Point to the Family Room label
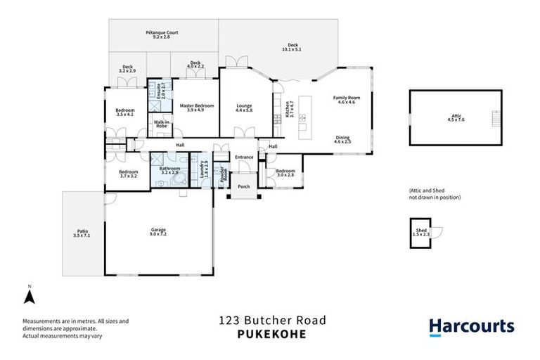(346, 100)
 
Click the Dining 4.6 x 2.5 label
(342, 140)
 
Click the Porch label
(244, 186)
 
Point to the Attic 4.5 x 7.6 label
(456, 118)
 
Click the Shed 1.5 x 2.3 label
(421, 231)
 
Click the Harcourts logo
(472, 326)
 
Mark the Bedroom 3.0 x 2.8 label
(285, 173)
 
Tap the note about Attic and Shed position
(435, 194)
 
